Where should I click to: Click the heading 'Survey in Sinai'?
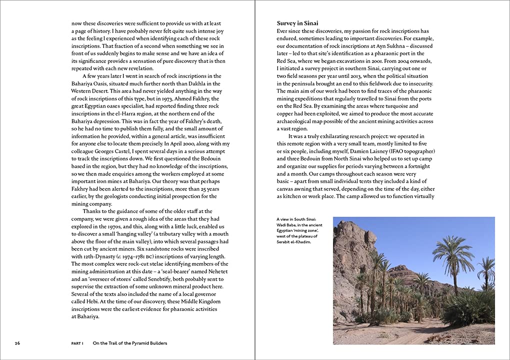click(x=297, y=23)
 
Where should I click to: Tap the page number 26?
click(x=17, y=343)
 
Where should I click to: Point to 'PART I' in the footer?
click(x=77, y=343)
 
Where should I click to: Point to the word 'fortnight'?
click(x=420, y=166)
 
